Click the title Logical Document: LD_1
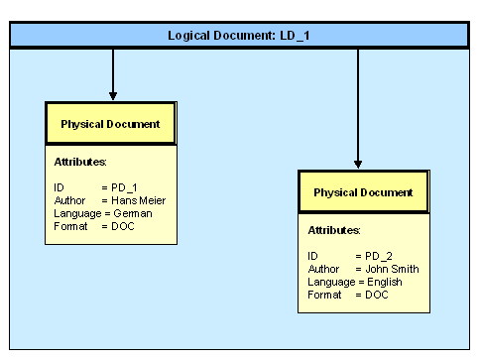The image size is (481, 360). coord(239,36)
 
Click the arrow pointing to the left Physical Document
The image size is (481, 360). coord(113,74)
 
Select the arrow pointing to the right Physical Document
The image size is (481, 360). coord(357,109)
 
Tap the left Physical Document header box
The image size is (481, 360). coord(111,124)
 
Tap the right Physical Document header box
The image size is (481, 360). coord(363,192)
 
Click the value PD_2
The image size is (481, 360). coord(379,256)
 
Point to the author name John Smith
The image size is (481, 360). coord(392,269)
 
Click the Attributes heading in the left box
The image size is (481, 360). coord(80,162)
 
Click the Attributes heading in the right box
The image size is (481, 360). coord(333,230)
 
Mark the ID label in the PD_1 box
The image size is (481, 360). coord(60,186)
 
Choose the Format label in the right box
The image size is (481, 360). coord(324,295)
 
